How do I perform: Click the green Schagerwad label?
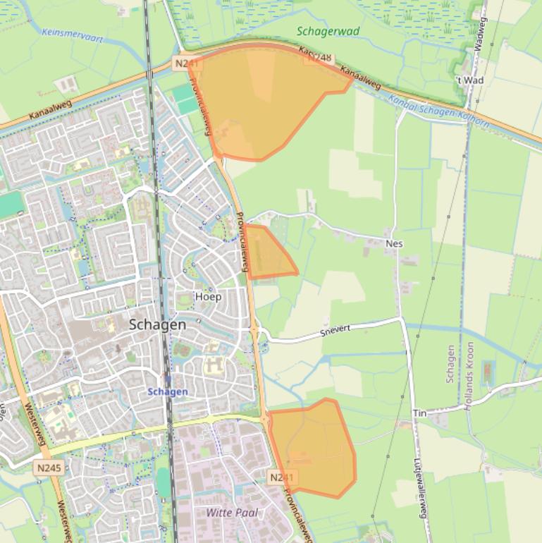point(328,32)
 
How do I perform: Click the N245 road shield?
point(48,467)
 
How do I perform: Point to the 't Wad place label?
point(469,80)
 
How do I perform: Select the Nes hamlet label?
point(394,244)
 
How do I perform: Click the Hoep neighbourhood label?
point(208,297)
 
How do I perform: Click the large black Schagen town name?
point(157,325)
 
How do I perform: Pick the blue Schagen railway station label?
point(168,392)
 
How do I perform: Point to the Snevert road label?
point(335,329)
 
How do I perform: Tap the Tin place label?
point(419,413)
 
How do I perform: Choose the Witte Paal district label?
point(232,513)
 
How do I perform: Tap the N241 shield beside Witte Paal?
point(281,477)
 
